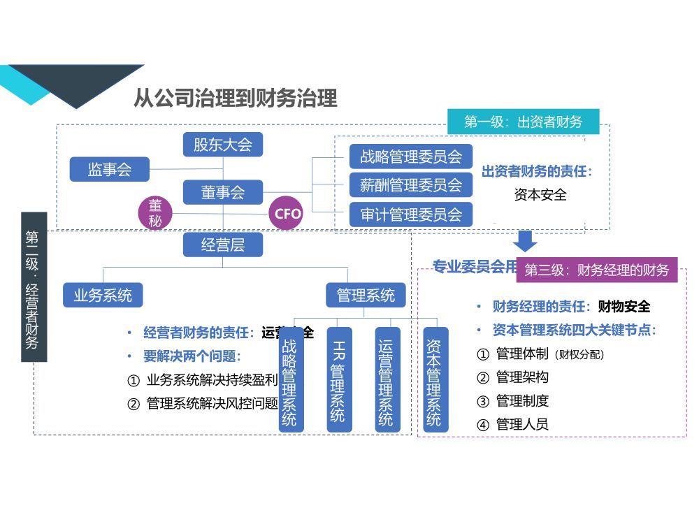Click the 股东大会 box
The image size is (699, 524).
[x=223, y=145]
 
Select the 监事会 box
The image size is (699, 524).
[x=110, y=169]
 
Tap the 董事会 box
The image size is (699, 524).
[x=223, y=192]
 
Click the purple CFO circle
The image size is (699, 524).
[x=287, y=213]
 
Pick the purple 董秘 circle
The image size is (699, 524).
[x=155, y=213]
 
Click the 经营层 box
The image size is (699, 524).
[x=223, y=245]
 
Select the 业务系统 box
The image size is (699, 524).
[x=103, y=295]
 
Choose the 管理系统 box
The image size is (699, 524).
[x=366, y=295]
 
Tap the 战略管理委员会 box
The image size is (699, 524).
[x=411, y=157]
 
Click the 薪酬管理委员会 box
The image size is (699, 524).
[x=411, y=185]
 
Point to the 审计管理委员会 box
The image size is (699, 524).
[x=411, y=214]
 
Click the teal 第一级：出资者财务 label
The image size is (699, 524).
[x=523, y=122]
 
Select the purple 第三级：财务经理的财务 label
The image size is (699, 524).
[x=596, y=270]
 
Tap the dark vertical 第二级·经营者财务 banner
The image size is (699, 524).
[x=34, y=287]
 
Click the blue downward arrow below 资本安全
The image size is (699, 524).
[x=526, y=240]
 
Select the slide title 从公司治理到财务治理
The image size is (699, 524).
[x=236, y=99]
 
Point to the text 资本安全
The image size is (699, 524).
[x=540, y=195]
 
